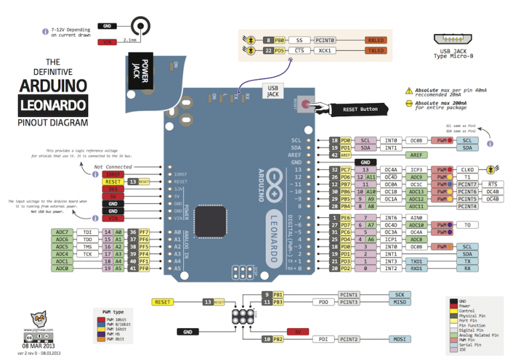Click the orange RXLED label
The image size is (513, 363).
click(376, 40)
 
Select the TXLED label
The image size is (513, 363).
click(376, 50)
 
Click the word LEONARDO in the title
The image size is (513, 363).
click(53, 105)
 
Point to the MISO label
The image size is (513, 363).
click(399, 303)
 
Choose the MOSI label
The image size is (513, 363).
click(399, 340)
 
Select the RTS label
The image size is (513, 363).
click(492, 184)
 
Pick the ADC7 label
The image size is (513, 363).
click(62, 232)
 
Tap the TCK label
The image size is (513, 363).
click(88, 254)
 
